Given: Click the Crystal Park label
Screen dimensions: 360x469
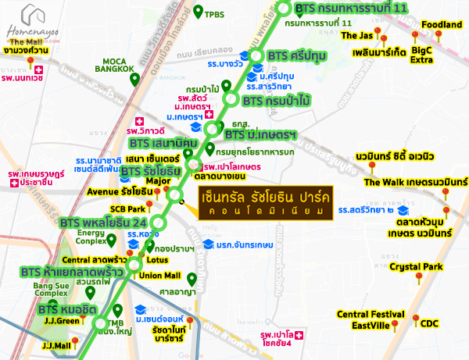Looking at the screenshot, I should coord(416,266).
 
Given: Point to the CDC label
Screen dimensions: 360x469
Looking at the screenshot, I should coord(430,323).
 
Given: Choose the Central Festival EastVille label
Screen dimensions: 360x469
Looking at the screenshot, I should coord(363,319).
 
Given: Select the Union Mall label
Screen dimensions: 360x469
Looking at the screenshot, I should coord(160,276).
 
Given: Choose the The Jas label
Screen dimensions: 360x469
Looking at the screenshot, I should coord(358,36).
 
